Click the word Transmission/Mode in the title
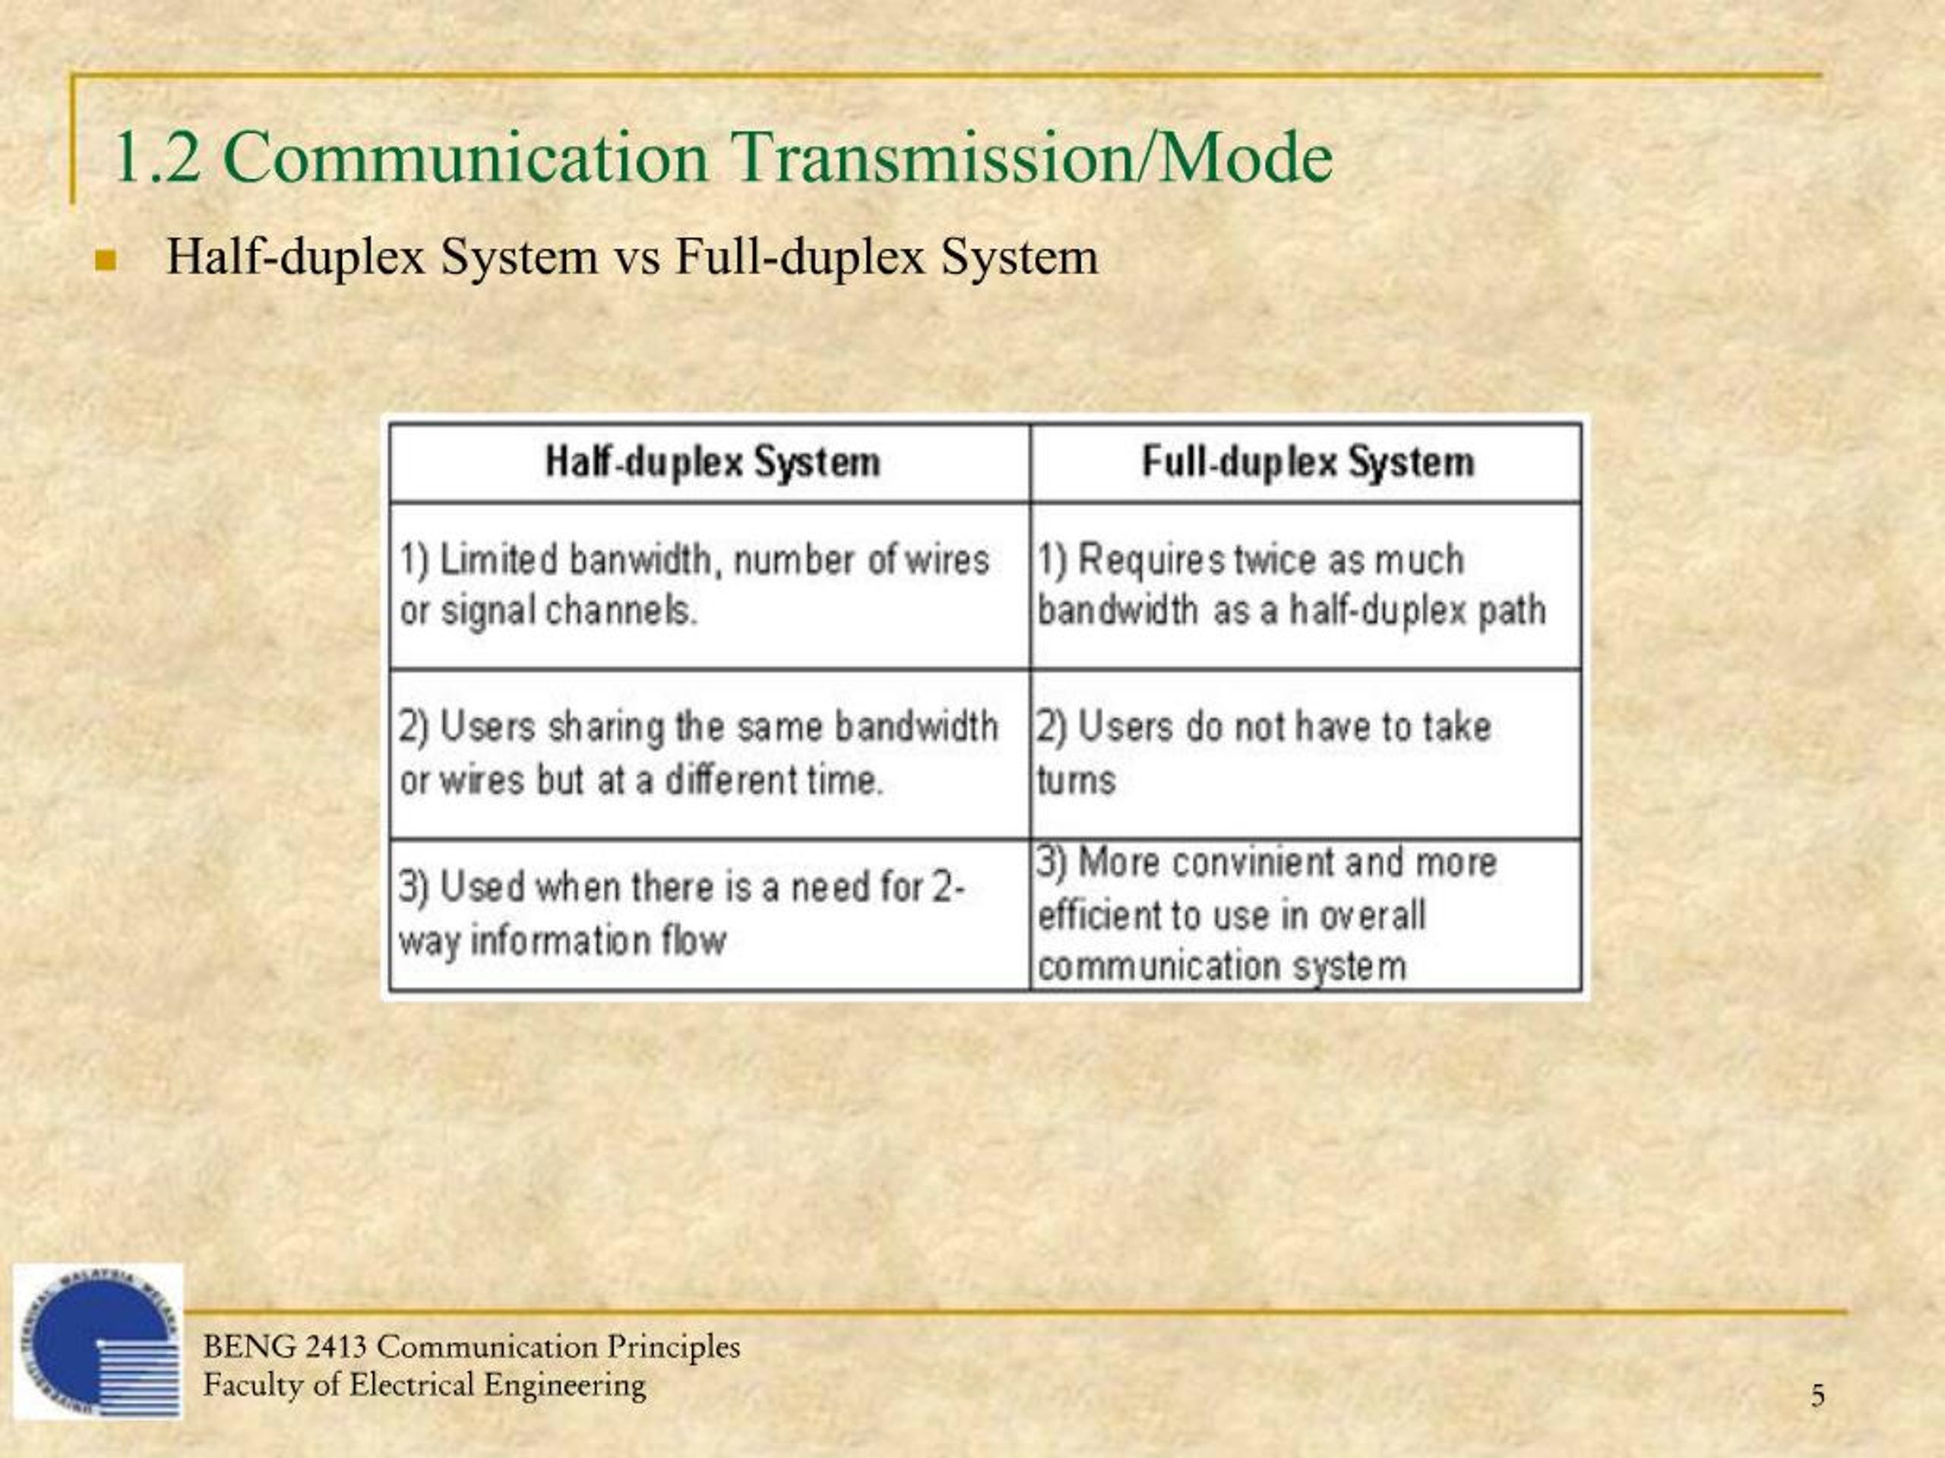click(x=1033, y=157)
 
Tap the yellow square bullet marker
click(x=106, y=260)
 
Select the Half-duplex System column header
click(x=710, y=462)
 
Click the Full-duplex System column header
click(x=1308, y=462)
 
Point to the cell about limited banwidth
click(x=710, y=585)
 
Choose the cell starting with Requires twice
click(x=1308, y=585)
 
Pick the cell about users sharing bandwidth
click(x=710, y=754)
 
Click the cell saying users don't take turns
click(x=1308, y=754)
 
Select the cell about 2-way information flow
click(x=710, y=915)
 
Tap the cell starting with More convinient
click(x=1308, y=915)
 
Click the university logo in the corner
click(x=97, y=1341)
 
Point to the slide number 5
click(x=1817, y=1396)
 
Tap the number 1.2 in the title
click(x=157, y=158)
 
